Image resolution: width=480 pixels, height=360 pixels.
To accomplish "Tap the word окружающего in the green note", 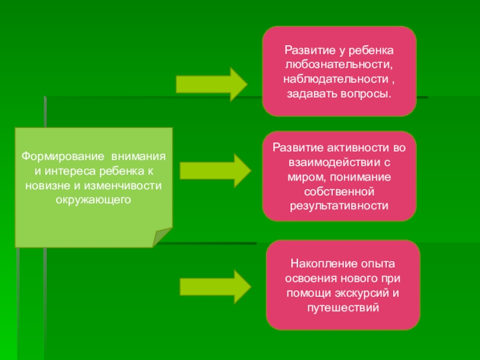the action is (93, 198).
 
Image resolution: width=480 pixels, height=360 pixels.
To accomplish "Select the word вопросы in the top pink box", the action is (366, 94).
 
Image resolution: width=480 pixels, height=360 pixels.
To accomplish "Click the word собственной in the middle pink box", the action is (339, 191).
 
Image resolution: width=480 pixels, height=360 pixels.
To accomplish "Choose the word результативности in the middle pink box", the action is (339, 205).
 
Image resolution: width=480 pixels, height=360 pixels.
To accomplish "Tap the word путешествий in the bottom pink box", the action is (343, 308).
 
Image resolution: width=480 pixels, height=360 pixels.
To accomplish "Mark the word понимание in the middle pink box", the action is (360, 177).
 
